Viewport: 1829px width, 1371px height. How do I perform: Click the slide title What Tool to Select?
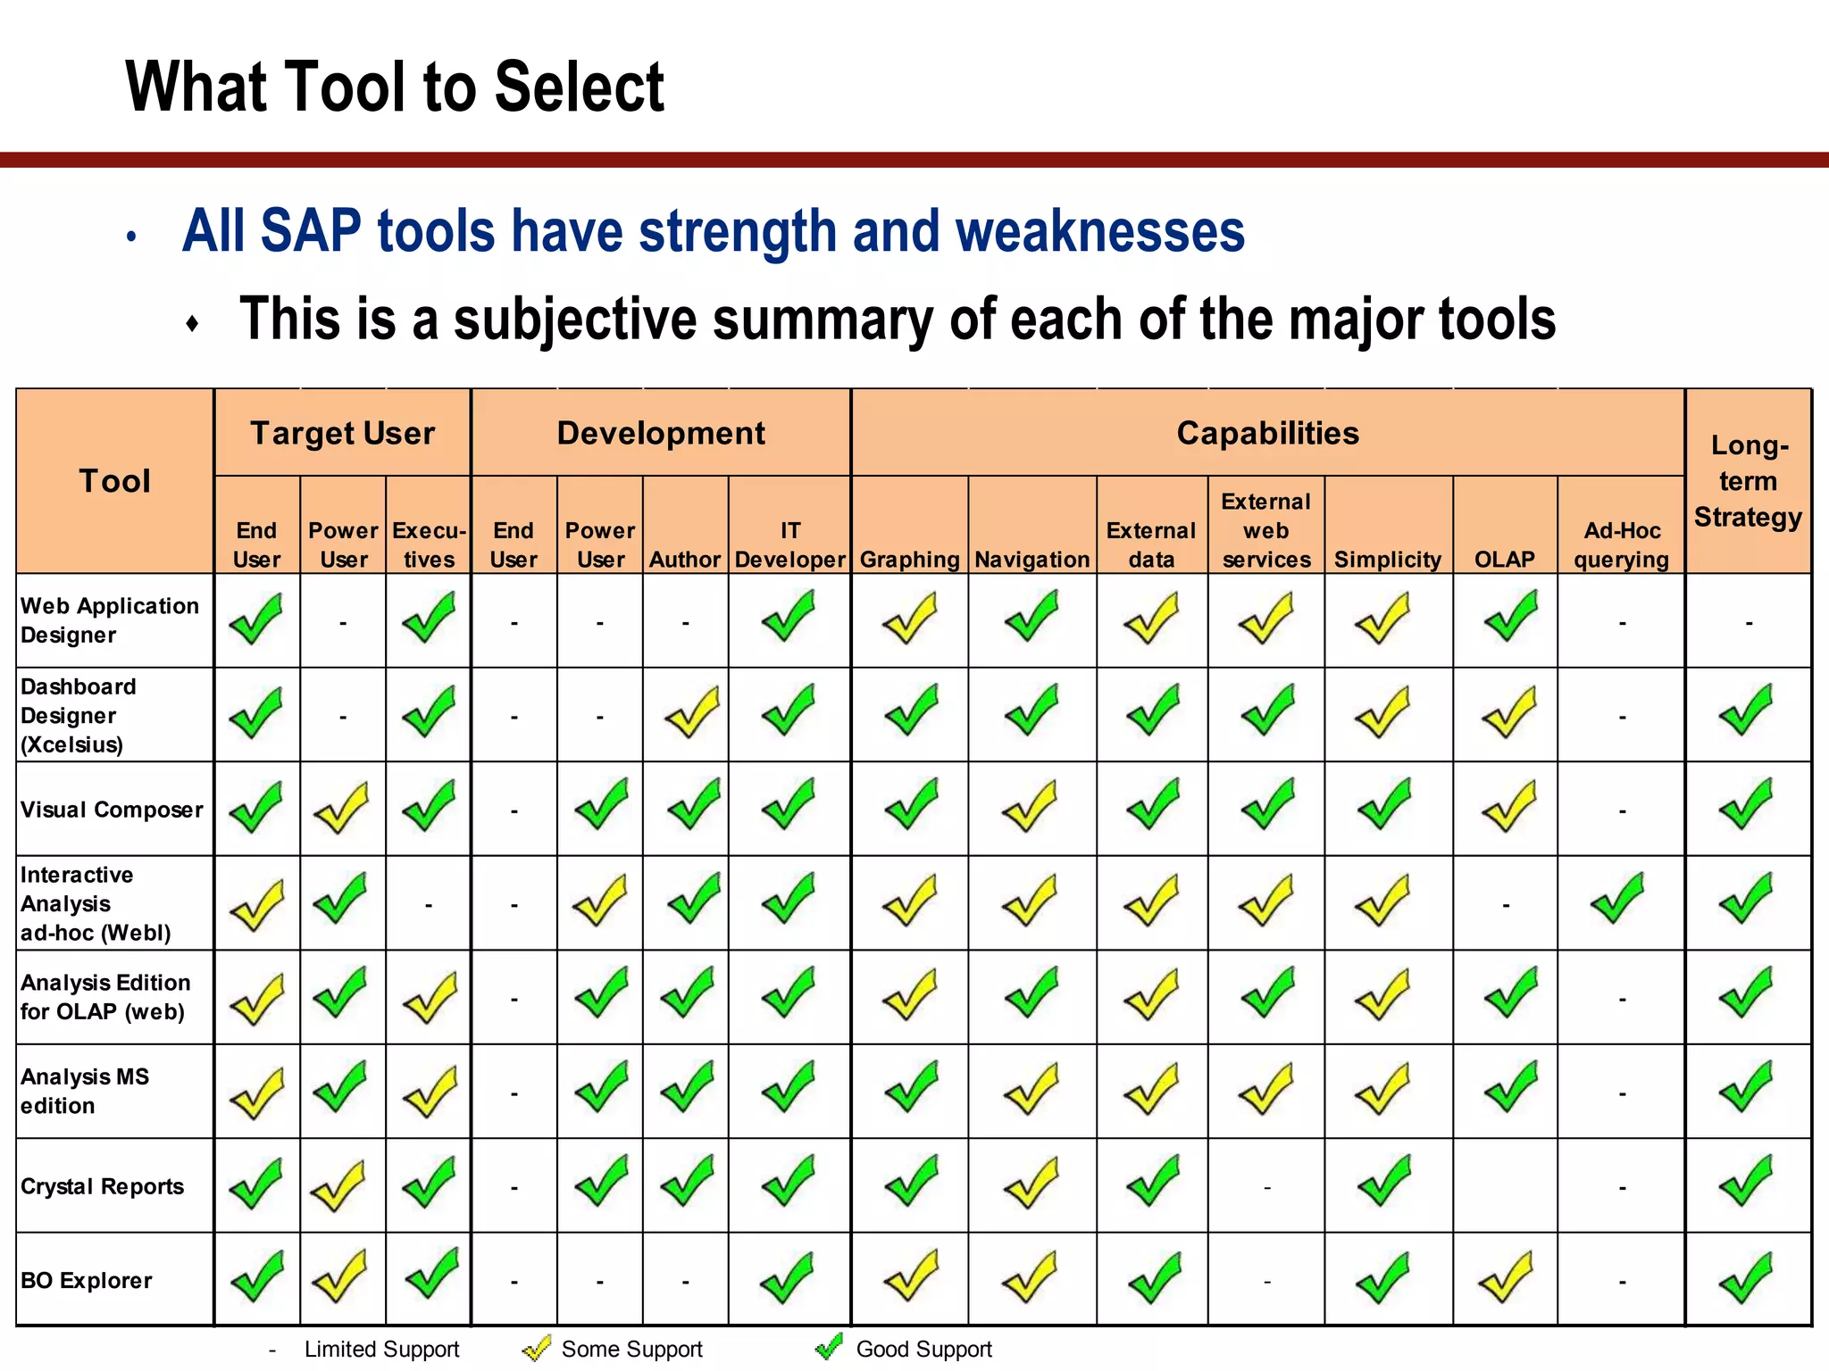pyautogui.click(x=394, y=87)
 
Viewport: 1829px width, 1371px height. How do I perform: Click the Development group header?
pyautogui.click(x=661, y=433)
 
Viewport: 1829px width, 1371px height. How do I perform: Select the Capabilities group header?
pyautogui.click(x=1267, y=433)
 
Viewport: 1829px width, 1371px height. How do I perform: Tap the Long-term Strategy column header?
pyautogui.click(x=1748, y=481)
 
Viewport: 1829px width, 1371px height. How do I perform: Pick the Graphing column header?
pyautogui.click(x=909, y=560)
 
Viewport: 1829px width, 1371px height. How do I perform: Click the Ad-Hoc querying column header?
pyautogui.click(x=1621, y=544)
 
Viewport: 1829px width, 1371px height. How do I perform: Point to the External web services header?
pyautogui.click(x=1265, y=530)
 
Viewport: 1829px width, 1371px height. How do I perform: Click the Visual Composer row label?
pyautogui.click(x=112, y=810)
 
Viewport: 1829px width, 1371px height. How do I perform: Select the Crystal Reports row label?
pyautogui.click(x=102, y=1186)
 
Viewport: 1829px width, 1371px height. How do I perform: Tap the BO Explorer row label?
pyautogui.click(x=86, y=1280)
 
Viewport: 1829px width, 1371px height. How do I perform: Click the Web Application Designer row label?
pyautogui.click(x=109, y=620)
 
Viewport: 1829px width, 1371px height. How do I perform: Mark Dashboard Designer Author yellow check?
pyautogui.click(x=692, y=711)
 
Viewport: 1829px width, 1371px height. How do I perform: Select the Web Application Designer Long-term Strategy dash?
pyautogui.click(x=1749, y=623)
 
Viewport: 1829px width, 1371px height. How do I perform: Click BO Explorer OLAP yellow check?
pyautogui.click(x=1507, y=1276)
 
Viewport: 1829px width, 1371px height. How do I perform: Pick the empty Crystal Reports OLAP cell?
pyautogui.click(x=1505, y=1186)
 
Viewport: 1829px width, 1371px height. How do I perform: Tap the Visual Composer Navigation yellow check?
pyautogui.click(x=1030, y=806)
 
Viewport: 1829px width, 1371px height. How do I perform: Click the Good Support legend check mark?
pyautogui.click(x=830, y=1347)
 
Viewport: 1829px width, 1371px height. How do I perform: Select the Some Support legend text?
pyautogui.click(x=631, y=1349)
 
